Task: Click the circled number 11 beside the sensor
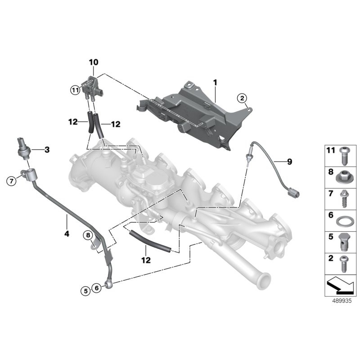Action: coord(75,90)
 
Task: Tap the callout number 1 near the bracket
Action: coord(215,83)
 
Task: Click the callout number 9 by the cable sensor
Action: coord(289,162)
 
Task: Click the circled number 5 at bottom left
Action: coord(85,291)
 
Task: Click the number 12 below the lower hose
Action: coord(146,260)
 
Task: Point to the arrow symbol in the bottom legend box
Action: coord(340,285)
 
